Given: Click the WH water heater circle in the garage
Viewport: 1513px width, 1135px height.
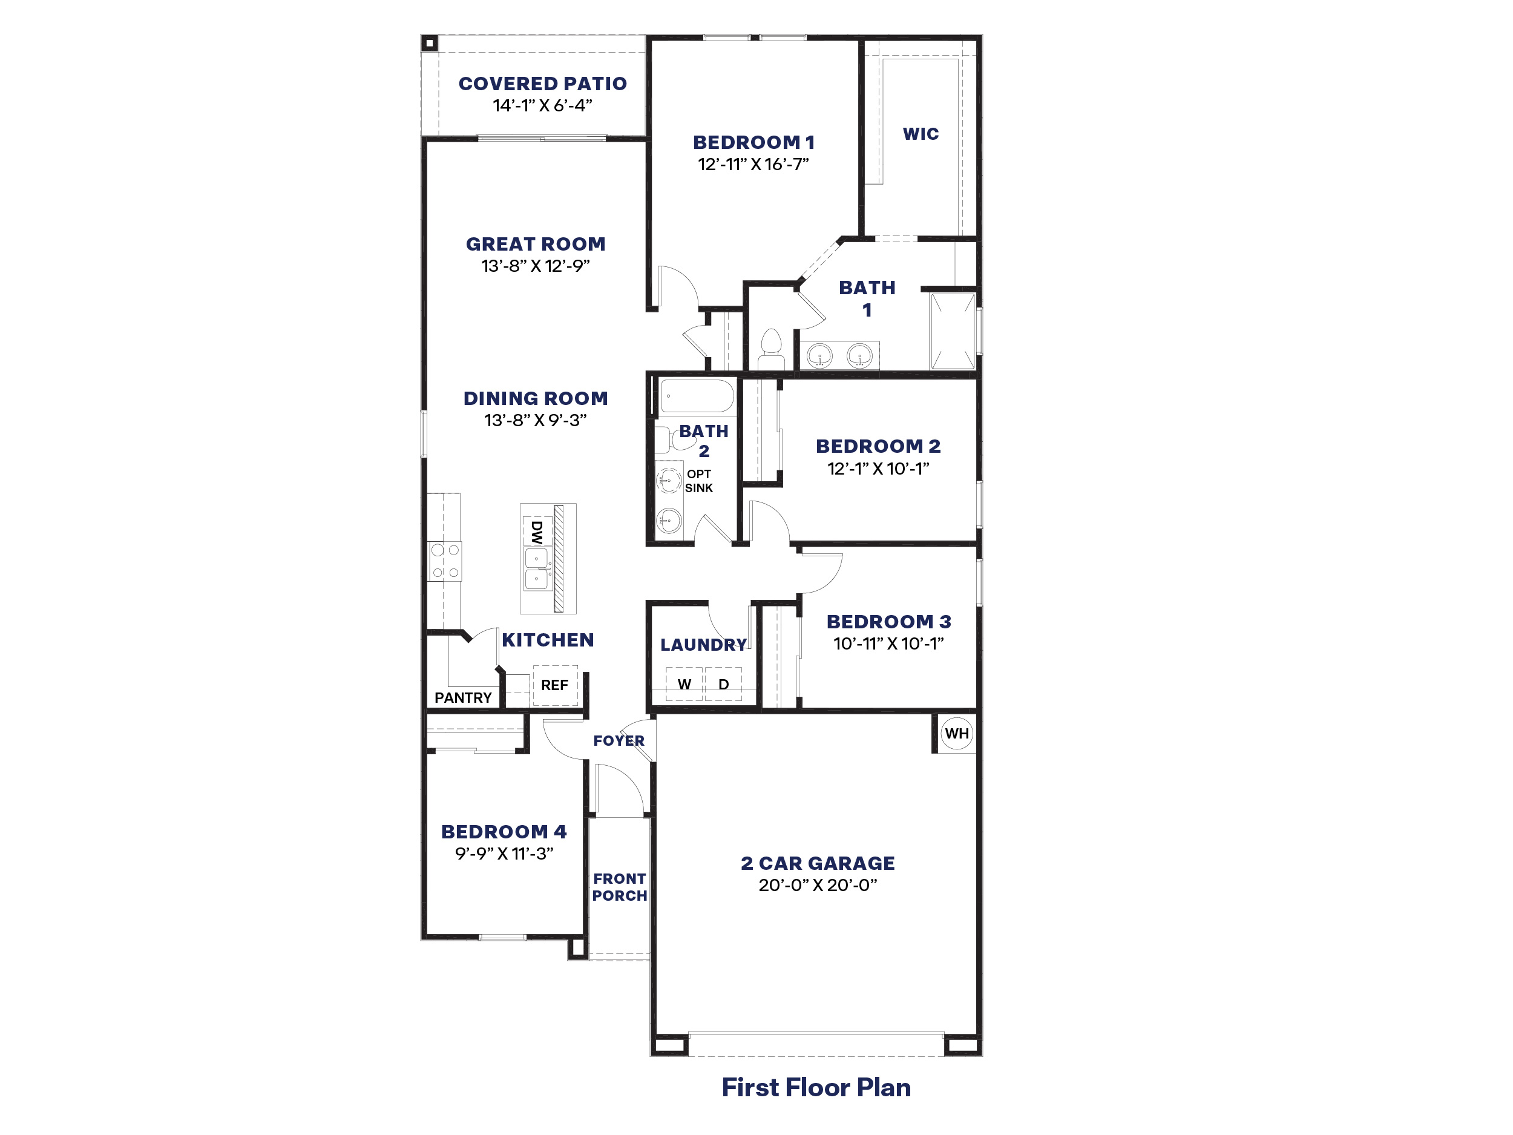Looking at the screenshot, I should [x=956, y=734].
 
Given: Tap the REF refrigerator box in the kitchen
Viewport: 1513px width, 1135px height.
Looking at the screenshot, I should [x=555, y=685].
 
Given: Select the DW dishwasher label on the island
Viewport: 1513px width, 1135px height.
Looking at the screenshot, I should [x=537, y=531].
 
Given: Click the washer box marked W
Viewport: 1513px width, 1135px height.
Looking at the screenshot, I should [x=684, y=684].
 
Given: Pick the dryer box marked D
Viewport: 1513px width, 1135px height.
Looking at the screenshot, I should [x=724, y=684].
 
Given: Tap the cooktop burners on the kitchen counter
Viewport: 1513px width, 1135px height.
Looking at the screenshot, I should [x=445, y=561].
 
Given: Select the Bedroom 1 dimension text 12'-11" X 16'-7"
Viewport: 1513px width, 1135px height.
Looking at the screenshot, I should [x=753, y=164].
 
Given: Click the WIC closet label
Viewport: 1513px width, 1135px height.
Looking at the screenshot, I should [x=921, y=134].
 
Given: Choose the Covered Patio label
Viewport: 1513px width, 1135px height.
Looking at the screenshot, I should [x=542, y=84].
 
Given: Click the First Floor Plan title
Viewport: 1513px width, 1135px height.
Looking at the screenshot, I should [x=816, y=1087].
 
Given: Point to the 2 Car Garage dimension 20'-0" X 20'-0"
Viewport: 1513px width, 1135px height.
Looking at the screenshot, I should [x=818, y=884].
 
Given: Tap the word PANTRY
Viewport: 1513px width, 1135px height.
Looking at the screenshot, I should [x=463, y=698].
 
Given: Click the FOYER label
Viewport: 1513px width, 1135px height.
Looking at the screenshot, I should [x=619, y=740].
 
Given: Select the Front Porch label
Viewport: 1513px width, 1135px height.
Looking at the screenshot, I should [x=619, y=887].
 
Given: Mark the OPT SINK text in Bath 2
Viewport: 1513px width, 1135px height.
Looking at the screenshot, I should [x=698, y=481].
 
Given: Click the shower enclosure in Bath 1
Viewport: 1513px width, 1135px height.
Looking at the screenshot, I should [x=951, y=331].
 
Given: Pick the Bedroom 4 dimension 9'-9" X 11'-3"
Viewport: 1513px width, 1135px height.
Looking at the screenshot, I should [x=504, y=853].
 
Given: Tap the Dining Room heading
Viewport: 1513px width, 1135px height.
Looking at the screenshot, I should [x=536, y=398].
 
